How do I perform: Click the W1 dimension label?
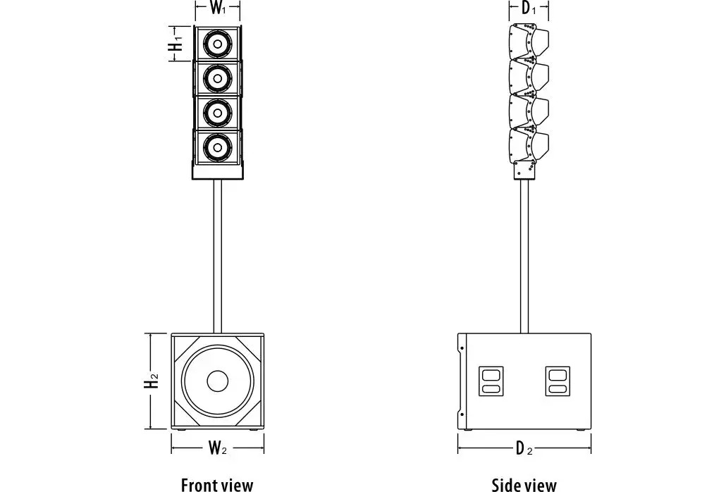click(218, 9)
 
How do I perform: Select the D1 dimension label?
click(529, 9)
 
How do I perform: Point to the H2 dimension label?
click(152, 382)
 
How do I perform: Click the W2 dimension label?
click(217, 447)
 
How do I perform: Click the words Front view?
click(217, 484)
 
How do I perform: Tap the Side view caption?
click(524, 484)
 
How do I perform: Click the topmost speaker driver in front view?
click(218, 45)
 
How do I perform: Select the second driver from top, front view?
click(218, 78)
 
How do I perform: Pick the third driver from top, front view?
click(218, 112)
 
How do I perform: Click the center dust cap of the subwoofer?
click(218, 382)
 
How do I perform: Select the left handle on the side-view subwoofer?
click(490, 381)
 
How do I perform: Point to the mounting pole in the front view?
click(218, 254)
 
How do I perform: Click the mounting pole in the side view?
click(524, 254)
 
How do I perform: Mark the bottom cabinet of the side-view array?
click(529, 144)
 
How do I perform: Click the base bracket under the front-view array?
click(218, 171)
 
